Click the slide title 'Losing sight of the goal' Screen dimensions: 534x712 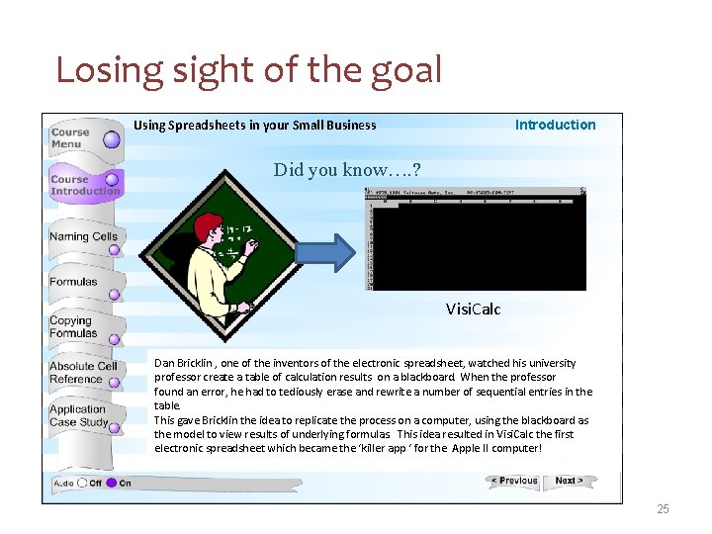[248, 69]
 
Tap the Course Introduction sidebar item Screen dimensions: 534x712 [84, 185]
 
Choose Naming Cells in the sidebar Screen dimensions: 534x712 [83, 237]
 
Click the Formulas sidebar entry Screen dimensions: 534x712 [74, 283]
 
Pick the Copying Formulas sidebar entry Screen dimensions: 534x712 [74, 327]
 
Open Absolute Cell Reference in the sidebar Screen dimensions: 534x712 [83, 373]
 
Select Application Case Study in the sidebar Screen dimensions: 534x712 [79, 416]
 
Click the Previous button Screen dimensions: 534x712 [513, 482]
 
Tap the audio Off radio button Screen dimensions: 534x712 [82, 484]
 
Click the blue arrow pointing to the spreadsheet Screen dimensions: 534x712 [323, 251]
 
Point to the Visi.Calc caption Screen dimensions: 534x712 [473, 310]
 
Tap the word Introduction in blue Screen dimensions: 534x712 [555, 125]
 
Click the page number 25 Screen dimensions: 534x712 [663, 509]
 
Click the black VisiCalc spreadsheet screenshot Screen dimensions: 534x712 [477, 241]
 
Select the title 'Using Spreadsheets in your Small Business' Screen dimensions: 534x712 [255, 126]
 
